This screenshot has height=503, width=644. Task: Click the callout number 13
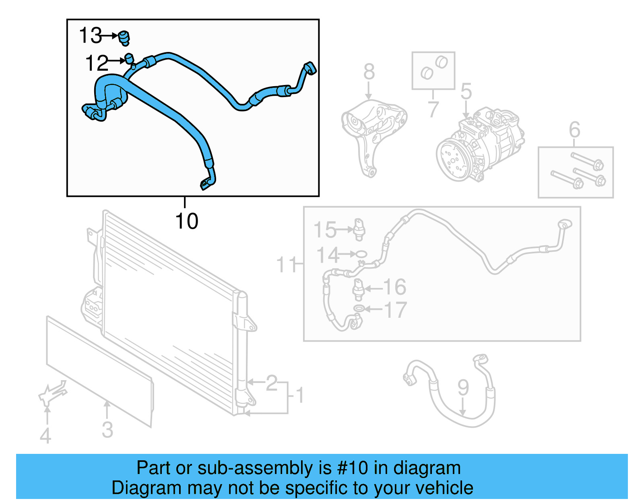[x=91, y=35]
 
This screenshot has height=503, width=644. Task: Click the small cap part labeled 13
[x=124, y=37]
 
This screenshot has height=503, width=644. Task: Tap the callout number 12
[x=97, y=63]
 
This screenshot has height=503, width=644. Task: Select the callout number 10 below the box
[x=187, y=221]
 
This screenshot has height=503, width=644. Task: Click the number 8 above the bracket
[x=369, y=72]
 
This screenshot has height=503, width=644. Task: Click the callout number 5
[x=466, y=91]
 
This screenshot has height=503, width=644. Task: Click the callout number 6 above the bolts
[x=574, y=130]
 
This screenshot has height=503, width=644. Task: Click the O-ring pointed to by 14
[x=361, y=254]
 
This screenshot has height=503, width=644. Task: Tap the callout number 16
[x=394, y=287]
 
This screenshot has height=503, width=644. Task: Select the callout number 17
[x=396, y=310]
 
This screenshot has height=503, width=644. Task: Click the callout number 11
[x=286, y=265]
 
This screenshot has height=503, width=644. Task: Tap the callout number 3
[x=107, y=429]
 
